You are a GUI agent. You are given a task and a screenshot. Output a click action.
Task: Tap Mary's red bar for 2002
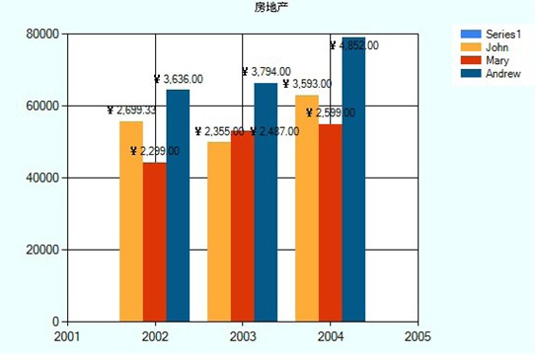click(x=154, y=242)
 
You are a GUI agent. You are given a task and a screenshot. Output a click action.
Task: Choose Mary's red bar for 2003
click(x=242, y=227)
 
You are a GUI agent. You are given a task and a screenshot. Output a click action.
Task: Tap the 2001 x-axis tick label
click(x=67, y=336)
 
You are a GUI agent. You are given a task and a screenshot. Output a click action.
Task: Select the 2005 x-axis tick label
click(x=418, y=336)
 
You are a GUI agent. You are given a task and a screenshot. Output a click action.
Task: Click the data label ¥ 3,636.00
click(x=179, y=79)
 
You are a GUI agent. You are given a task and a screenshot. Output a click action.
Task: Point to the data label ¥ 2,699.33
click(x=131, y=110)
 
